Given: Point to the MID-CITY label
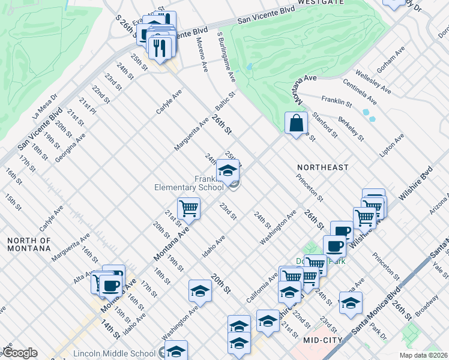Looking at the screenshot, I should click(x=322, y=340).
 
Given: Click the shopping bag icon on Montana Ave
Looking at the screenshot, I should click(x=296, y=124).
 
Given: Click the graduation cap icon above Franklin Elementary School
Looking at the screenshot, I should click(x=228, y=172).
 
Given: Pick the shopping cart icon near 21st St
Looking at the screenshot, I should click(x=189, y=209).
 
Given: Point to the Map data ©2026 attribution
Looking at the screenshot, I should click(x=423, y=355).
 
